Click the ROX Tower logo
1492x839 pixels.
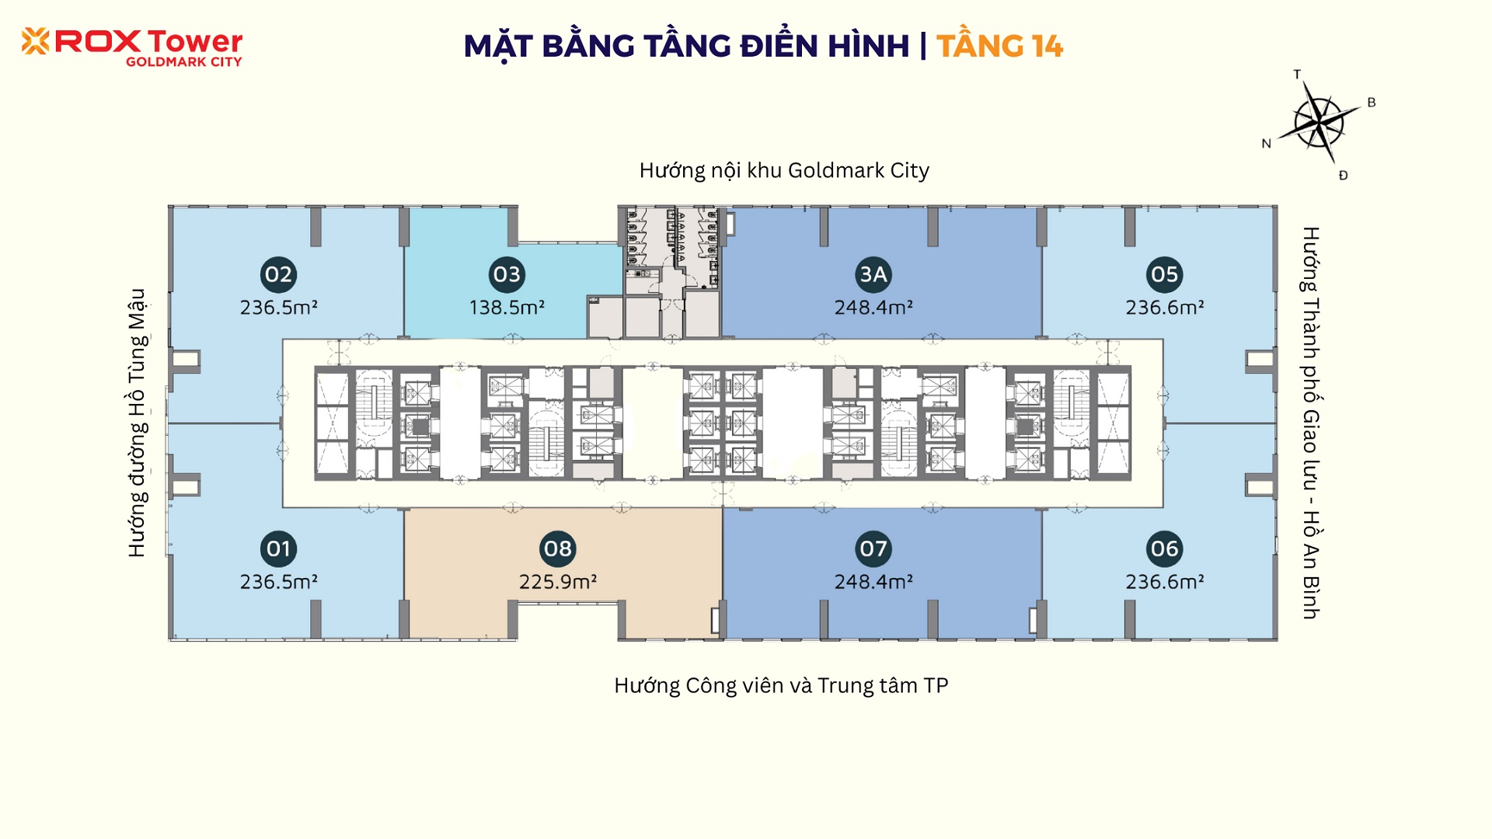click(x=132, y=47)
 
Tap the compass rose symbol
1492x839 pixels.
click(x=1319, y=122)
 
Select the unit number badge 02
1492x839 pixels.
click(x=278, y=274)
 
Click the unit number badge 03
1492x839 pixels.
click(x=507, y=274)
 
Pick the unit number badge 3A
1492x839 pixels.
click(x=873, y=274)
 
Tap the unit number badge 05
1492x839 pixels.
click(x=1164, y=274)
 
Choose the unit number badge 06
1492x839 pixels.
click(x=1164, y=549)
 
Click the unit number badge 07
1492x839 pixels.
click(x=873, y=549)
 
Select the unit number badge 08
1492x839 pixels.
click(x=558, y=549)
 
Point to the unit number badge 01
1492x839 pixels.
click(x=278, y=549)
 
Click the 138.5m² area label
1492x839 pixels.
click(x=507, y=308)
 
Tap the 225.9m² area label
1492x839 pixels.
click(x=558, y=582)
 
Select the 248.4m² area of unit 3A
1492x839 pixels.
click(x=873, y=308)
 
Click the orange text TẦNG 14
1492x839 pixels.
click(x=999, y=46)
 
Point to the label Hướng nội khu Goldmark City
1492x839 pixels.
click(x=784, y=171)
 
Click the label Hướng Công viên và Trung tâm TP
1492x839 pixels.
click(x=781, y=686)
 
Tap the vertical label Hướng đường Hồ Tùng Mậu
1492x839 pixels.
click(x=138, y=423)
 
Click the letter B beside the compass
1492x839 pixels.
click(x=1372, y=103)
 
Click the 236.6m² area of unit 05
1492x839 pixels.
click(x=1165, y=308)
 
